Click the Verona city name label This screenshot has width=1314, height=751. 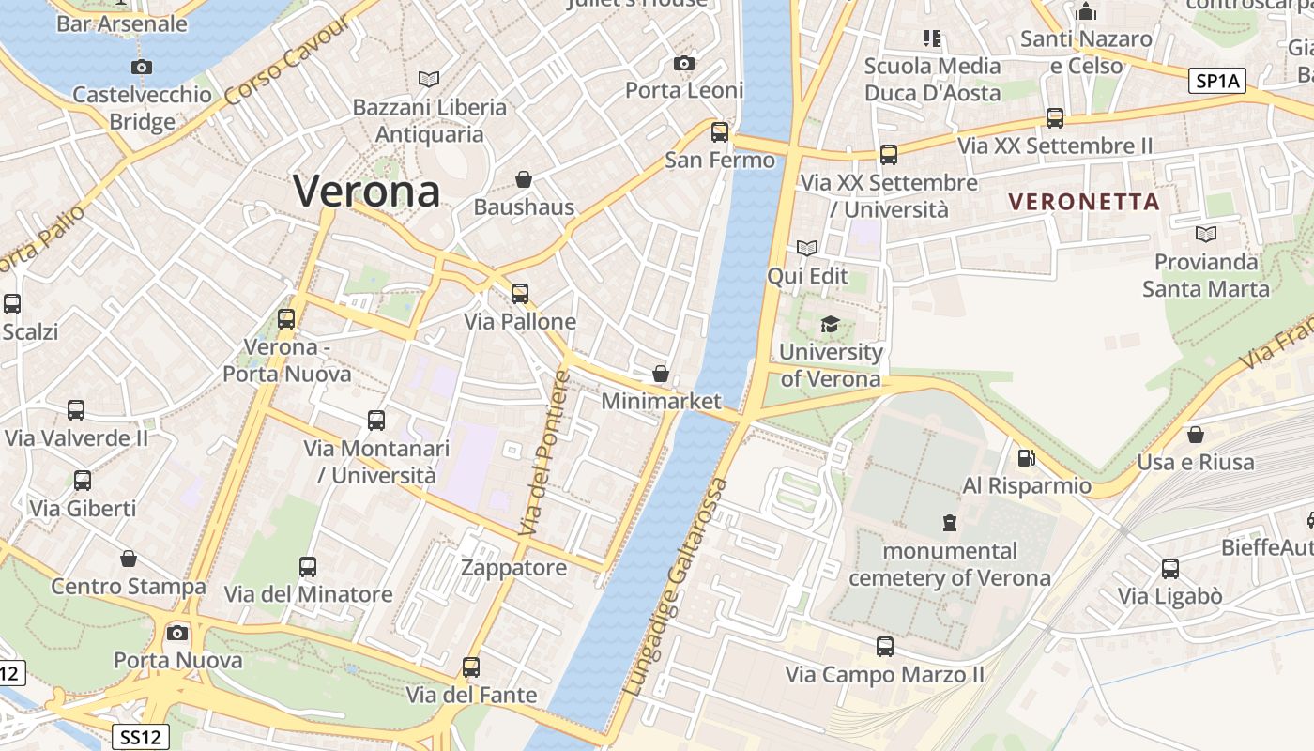[x=366, y=192]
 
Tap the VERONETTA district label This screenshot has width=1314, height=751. [x=1084, y=201]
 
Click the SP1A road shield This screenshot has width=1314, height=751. [x=1217, y=82]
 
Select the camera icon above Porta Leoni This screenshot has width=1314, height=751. [x=684, y=63]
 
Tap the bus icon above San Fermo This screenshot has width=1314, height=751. [x=720, y=132]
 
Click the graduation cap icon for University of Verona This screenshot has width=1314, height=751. [x=830, y=325]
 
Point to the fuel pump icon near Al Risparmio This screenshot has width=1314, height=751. [x=1027, y=458]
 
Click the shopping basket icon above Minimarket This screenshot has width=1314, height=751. [x=661, y=374]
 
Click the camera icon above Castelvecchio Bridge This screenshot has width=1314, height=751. [x=142, y=67]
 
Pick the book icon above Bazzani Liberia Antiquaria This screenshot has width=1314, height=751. [x=429, y=80]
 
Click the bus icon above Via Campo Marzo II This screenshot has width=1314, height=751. [x=884, y=646]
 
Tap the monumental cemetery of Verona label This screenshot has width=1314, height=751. [x=950, y=564]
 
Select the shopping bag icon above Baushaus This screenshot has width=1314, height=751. [x=524, y=178]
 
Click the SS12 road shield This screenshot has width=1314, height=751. [x=139, y=737]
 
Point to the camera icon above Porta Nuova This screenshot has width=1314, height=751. [x=177, y=633]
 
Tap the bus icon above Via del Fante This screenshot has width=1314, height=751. [x=471, y=667]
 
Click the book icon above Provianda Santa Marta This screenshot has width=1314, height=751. [x=1206, y=234]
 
